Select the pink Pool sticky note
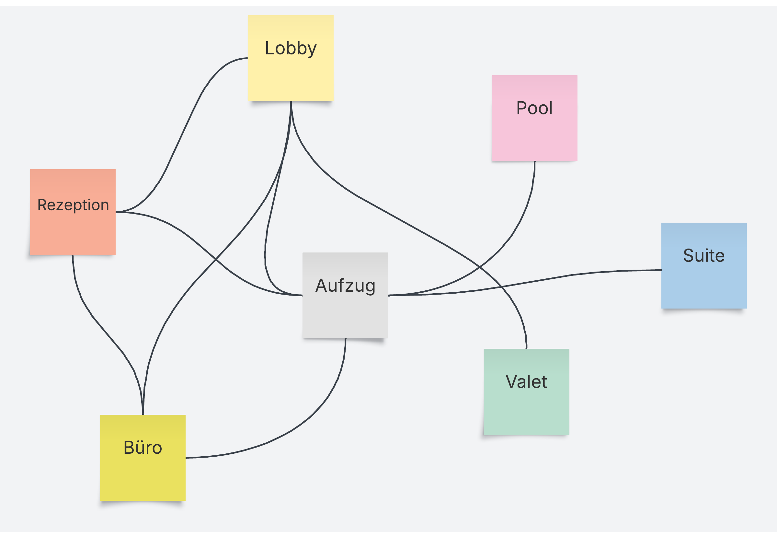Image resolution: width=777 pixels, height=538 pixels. [534, 135]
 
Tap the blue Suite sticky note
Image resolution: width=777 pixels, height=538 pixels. [703, 283]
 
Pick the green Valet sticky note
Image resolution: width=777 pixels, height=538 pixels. [526, 408]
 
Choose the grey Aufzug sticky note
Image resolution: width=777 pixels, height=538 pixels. [345, 313]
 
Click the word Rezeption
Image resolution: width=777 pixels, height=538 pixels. [73, 205]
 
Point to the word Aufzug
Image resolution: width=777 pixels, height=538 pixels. [345, 286]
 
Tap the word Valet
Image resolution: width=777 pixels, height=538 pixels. [526, 382]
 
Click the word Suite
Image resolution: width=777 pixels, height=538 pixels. [703, 255]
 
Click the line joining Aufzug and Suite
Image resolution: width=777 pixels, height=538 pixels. [573, 275]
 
